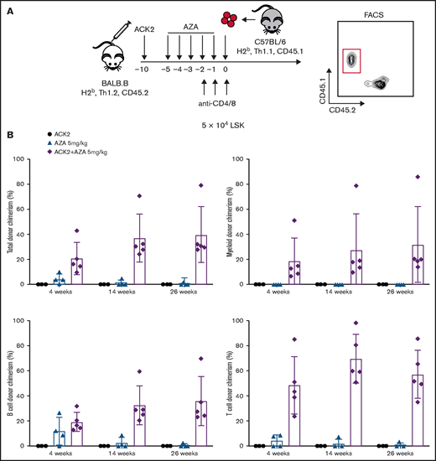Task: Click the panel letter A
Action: pyautogui.click(x=9, y=8)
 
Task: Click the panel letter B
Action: pyautogui.click(x=9, y=132)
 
